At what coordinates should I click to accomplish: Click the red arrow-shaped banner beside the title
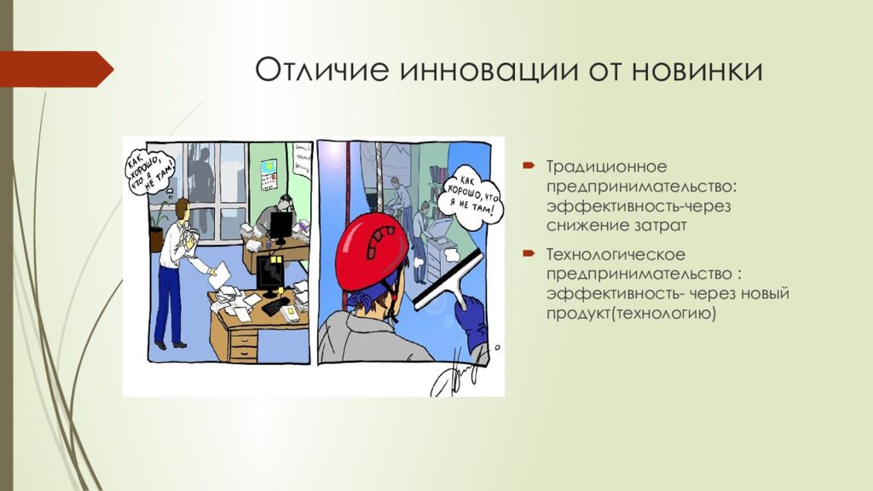(x=56, y=69)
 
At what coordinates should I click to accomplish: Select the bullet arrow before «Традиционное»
(x=529, y=165)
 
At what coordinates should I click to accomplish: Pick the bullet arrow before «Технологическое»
(x=529, y=254)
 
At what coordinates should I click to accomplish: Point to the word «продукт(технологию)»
(x=631, y=313)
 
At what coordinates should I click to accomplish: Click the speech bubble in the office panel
(x=149, y=170)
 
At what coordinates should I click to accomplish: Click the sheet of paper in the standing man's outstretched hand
(x=219, y=275)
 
